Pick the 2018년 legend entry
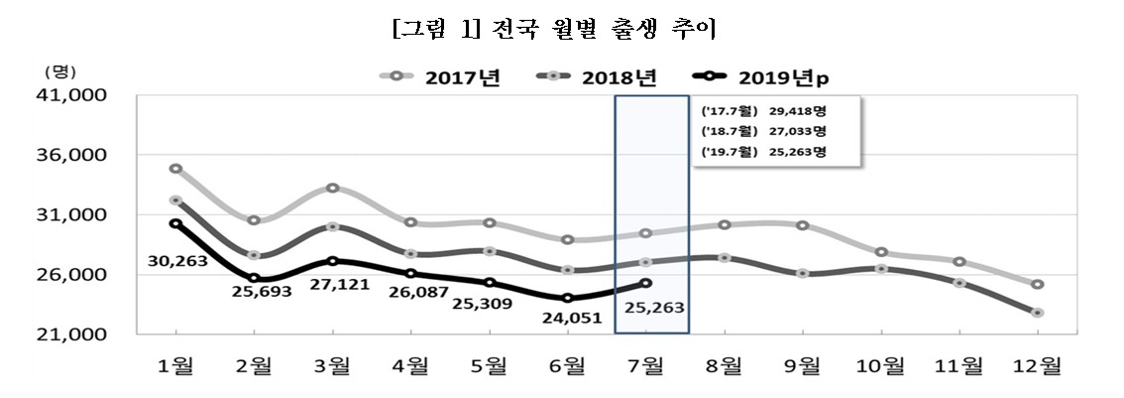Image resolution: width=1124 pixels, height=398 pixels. point(597,76)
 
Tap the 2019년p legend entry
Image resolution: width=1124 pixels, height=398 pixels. point(767,76)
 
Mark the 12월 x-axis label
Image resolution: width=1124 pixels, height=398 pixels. point(1037,366)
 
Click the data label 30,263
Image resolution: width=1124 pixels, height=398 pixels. point(177,261)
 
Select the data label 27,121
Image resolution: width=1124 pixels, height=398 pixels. point(339,284)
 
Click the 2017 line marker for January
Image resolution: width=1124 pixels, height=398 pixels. point(175,169)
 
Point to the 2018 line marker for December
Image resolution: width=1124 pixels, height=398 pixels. point(1038,313)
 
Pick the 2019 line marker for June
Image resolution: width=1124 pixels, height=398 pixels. point(568,298)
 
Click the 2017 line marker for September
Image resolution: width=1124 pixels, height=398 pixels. point(802,225)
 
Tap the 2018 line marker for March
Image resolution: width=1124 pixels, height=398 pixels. point(333,226)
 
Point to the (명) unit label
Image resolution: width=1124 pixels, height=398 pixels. point(59,71)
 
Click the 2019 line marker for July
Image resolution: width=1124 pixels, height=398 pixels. point(646,283)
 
